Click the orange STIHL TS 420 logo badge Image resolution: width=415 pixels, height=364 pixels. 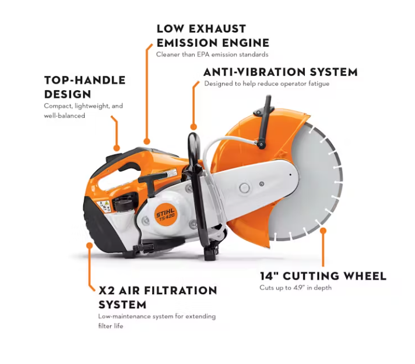tap(165, 214)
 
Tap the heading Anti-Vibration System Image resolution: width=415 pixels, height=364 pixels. tap(280, 72)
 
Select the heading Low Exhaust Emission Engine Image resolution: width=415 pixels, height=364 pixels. tap(213, 36)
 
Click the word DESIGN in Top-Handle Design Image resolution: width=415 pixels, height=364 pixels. tap(68, 94)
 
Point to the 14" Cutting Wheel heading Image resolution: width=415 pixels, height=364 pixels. tap(323, 276)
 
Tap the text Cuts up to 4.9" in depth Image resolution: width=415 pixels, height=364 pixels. tap(296, 288)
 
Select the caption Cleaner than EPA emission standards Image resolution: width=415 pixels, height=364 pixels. tap(212, 55)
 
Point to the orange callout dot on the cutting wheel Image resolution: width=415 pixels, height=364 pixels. tap(323, 231)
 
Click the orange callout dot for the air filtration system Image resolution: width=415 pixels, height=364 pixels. tap(89, 246)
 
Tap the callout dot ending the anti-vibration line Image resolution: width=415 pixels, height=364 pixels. tap(194, 127)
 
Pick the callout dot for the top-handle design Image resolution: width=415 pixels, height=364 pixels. tap(117, 148)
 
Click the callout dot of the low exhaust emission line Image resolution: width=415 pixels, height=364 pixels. tap(147, 142)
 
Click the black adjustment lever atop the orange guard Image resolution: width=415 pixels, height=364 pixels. tap(265, 122)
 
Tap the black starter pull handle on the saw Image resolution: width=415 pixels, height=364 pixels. tap(150, 182)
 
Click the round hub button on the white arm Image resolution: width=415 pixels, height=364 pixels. tap(244, 188)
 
